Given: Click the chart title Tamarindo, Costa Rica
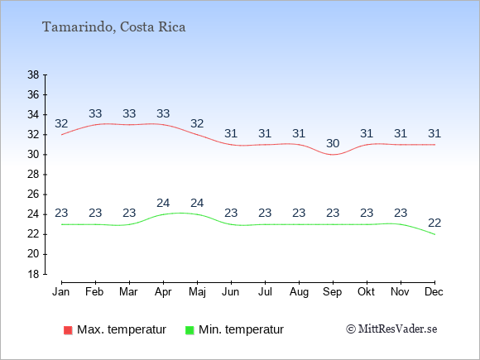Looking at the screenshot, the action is [x=114, y=27].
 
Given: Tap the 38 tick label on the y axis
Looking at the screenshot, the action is [x=33, y=74].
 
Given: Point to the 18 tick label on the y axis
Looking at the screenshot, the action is [x=33, y=274].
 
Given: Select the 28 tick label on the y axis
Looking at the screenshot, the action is [x=33, y=175].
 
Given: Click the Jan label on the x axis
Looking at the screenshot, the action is [x=61, y=292].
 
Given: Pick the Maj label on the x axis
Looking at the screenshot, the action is [x=197, y=292].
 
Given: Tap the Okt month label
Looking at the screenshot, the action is [x=366, y=292].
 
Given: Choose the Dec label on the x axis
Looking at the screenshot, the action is [x=434, y=292].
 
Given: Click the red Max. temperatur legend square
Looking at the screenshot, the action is [x=68, y=330].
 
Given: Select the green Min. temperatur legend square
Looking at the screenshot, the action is [x=190, y=330].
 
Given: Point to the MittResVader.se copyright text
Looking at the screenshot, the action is [x=391, y=329].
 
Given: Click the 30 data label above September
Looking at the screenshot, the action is [x=333, y=143].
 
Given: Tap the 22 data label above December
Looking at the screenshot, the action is [x=434, y=223].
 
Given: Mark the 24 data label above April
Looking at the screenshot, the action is [x=163, y=203].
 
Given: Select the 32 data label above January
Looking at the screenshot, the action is [x=61, y=123].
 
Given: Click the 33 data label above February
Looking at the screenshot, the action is [x=95, y=113].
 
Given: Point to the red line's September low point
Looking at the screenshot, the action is [x=333, y=155].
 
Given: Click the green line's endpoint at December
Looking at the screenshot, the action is [x=434, y=234].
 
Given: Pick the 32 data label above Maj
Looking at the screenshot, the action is [x=197, y=123].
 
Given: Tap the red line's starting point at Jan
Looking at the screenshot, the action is [x=61, y=135].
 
